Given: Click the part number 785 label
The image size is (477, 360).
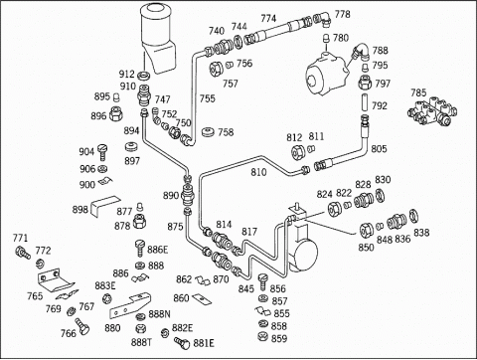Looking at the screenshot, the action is tap(418, 92).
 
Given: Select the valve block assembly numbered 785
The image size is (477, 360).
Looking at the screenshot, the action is tap(432, 111).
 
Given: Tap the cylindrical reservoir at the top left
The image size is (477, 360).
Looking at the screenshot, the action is tap(157, 37).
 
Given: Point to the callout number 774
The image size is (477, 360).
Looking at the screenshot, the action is tap(268, 18).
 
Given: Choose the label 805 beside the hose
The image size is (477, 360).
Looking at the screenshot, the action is tap(379, 148).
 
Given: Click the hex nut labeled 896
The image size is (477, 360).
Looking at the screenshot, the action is tap(115, 113).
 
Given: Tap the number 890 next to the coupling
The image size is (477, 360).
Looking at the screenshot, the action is tap(171, 196).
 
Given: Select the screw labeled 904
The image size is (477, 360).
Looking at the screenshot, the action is tap(102, 151).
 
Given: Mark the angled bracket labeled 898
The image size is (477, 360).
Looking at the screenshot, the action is tap(104, 206).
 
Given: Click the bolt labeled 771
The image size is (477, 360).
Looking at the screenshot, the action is tap(23, 253).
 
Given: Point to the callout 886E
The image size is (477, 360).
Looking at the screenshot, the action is tap(157, 250).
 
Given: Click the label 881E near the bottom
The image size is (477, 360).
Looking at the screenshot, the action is tap(204, 343).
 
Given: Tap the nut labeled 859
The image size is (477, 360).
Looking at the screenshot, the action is tap(262, 336).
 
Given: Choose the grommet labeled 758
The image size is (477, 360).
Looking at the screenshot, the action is tap(208, 131).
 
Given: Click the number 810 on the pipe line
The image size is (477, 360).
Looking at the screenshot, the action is tap(258, 172).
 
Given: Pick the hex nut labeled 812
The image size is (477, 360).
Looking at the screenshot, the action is tap(298, 151).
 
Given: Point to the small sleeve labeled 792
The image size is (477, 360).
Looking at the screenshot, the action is tap(365, 103).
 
